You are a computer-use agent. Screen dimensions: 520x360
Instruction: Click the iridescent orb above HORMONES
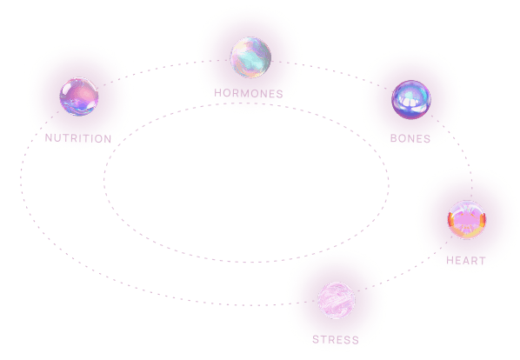[250, 57]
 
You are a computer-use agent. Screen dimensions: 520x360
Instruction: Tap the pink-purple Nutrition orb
[79, 97]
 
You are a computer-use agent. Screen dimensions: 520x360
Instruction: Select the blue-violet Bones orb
[411, 99]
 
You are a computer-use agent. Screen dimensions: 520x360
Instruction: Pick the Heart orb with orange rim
[467, 219]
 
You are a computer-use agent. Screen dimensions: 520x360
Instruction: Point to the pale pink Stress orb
[337, 300]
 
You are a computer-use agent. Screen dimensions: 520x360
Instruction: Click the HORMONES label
[249, 93]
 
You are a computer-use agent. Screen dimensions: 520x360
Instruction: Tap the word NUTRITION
[78, 138]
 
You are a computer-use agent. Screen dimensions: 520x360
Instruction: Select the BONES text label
[410, 138]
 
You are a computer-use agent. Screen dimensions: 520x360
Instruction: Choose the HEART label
[466, 260]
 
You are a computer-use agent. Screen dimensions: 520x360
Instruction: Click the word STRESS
[336, 339]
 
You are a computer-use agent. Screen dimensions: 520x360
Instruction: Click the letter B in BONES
[394, 138]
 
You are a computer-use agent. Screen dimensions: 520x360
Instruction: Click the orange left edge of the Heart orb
[450, 220]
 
